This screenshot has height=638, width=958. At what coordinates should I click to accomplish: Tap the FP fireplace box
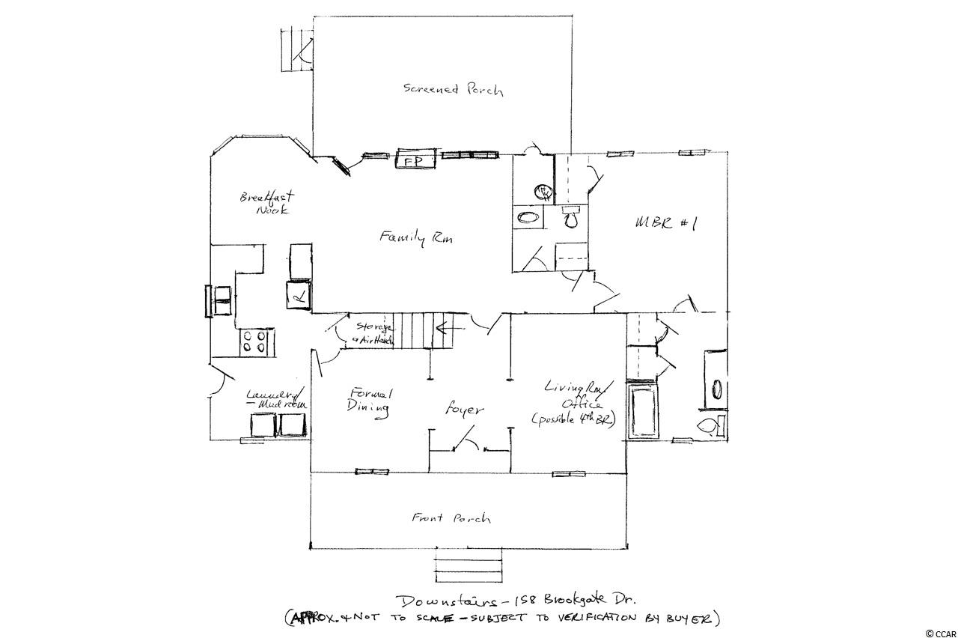(x=409, y=160)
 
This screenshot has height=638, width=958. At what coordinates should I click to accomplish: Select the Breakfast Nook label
(x=267, y=204)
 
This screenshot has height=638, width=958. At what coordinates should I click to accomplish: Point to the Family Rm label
(x=417, y=238)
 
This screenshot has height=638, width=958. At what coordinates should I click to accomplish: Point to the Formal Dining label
(x=369, y=400)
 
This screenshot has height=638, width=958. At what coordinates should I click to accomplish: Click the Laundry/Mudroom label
(x=275, y=398)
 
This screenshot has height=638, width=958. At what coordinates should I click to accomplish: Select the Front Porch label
(x=451, y=517)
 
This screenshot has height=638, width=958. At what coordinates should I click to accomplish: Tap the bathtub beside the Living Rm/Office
(x=642, y=413)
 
